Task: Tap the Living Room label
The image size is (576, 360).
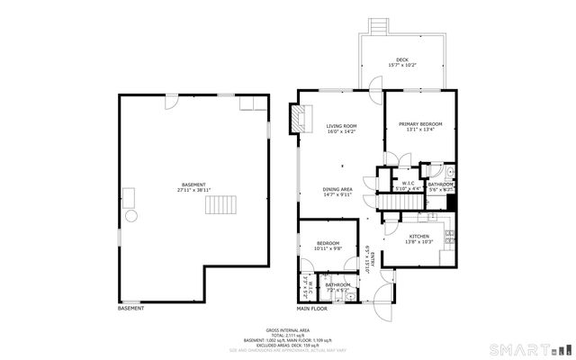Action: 341,125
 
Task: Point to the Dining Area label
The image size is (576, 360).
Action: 337,189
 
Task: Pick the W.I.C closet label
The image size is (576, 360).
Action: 408,183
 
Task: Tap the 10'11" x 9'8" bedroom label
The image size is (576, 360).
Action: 327,244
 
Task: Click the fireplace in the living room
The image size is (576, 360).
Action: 295,118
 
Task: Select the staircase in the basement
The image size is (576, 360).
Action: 220,205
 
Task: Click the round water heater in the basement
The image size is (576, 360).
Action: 131,216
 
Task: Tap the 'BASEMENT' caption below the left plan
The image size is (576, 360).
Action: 130,309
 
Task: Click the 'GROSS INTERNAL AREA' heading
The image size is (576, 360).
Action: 289,330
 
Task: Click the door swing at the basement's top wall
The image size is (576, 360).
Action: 167,101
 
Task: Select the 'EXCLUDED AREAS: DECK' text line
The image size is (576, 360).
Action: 289,345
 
